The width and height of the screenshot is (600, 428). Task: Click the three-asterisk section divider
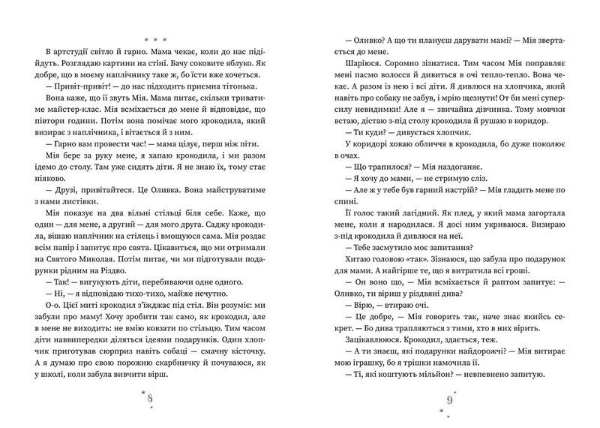[152, 35]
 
